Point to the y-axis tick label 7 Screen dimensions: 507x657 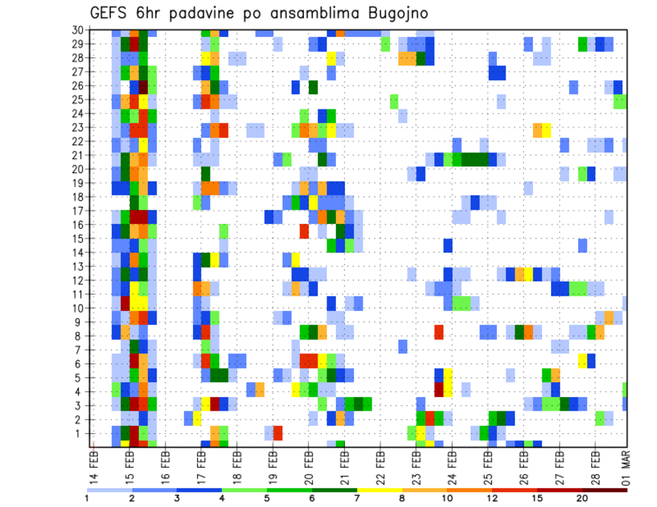[79, 350]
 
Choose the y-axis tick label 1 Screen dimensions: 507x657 [79, 433]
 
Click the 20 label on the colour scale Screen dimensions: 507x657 [582, 498]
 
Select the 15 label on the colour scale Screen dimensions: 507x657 [537, 498]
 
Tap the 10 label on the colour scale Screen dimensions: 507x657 [447, 498]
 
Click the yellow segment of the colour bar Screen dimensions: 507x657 [380, 490]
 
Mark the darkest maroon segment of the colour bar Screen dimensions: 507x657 [605, 490]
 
